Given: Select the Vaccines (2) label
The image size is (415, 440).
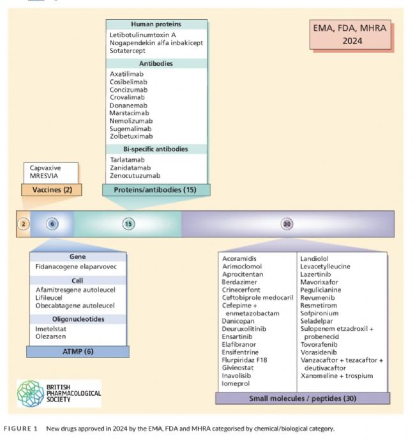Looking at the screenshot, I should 51,190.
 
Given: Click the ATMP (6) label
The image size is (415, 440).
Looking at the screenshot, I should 79,351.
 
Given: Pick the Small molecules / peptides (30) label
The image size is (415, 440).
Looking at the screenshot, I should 302,398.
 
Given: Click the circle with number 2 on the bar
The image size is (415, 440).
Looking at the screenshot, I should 24,224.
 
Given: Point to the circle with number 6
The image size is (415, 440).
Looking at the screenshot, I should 52,224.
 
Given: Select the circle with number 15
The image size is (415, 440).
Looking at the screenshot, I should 128,224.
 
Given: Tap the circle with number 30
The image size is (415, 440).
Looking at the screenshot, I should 287,224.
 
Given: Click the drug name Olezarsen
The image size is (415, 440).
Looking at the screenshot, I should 52,336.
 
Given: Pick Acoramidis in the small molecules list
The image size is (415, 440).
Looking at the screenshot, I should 239,258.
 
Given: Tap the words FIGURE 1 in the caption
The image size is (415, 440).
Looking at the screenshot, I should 21,428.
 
